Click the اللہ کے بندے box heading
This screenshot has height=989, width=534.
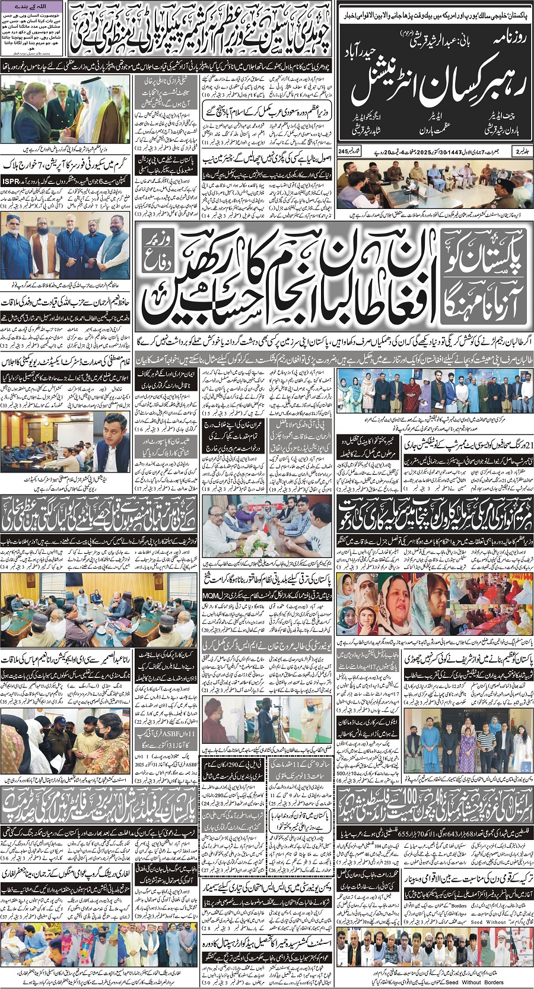[36, 5]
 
